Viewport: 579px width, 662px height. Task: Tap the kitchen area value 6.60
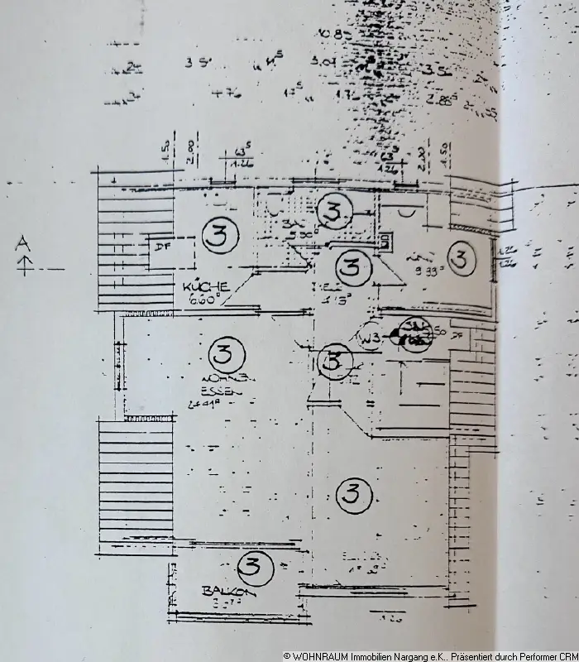pyautogui.click(x=201, y=301)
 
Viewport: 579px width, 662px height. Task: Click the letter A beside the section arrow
pyautogui.click(x=24, y=243)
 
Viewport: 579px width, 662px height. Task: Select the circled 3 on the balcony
pyautogui.click(x=253, y=567)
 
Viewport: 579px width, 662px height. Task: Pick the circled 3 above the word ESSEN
pyautogui.click(x=222, y=356)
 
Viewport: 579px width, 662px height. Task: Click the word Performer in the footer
pyautogui.click(x=535, y=655)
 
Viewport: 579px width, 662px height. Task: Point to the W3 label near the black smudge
pyautogui.click(x=370, y=338)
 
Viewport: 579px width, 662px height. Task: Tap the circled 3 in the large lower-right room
pyautogui.click(x=353, y=496)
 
